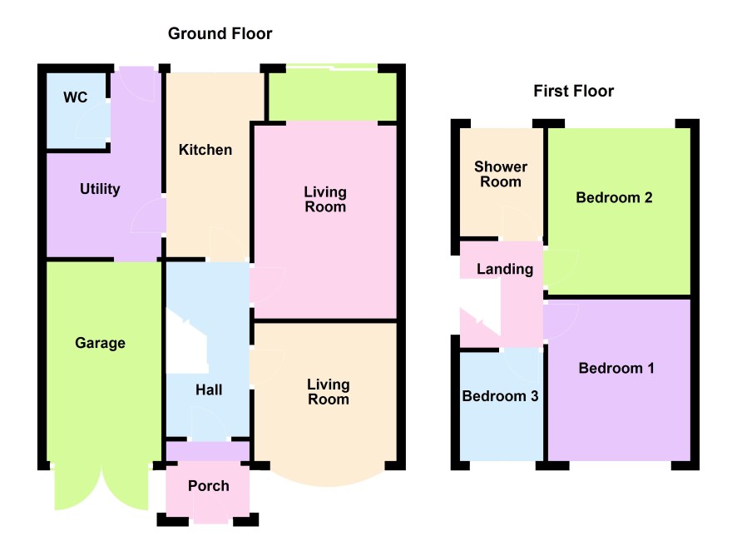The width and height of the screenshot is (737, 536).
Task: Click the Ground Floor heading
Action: (220, 33)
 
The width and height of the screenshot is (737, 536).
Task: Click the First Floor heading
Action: (573, 91)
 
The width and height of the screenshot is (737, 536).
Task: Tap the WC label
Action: (75, 97)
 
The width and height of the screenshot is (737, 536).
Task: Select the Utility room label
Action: (100, 189)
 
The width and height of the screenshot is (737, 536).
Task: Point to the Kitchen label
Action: (205, 150)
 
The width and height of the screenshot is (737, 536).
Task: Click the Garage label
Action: (100, 343)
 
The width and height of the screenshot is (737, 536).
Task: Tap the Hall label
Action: (209, 390)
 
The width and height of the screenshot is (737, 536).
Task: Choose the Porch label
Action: (209, 486)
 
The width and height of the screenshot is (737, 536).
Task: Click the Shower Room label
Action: (501, 174)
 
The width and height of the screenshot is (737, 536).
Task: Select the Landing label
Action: (505, 269)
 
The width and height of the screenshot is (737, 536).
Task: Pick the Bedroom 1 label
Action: (616, 368)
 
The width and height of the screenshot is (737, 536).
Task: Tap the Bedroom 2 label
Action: (614, 197)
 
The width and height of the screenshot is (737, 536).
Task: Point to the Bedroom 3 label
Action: (500, 396)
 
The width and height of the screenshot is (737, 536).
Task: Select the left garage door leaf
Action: (77, 489)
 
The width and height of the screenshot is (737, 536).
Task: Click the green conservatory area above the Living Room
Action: (332, 97)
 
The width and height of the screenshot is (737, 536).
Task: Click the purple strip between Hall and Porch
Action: (208, 451)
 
